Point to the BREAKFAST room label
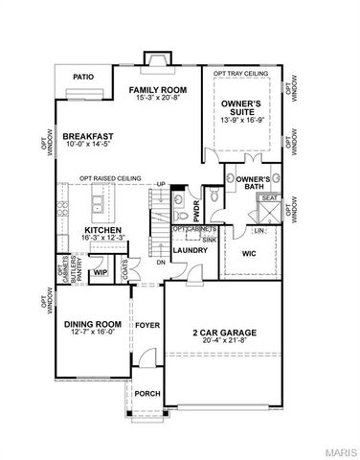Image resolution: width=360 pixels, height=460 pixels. pos(89,138)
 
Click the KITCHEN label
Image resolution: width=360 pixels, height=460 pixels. pos(101,230)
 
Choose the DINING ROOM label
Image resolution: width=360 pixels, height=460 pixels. pos(89,325)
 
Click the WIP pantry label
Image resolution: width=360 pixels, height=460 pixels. pos(99,272)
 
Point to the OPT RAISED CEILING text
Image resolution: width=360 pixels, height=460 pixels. pos(111,176)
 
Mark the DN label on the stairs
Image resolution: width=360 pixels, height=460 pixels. pos(161,262)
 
